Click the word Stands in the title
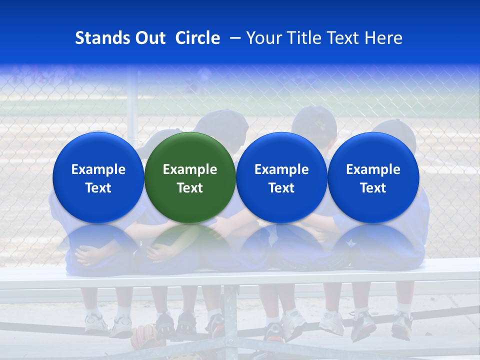102,38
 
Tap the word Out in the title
149,38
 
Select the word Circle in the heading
197,38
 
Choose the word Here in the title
384,38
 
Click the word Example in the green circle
190,169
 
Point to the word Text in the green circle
190,188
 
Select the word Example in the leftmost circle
98,169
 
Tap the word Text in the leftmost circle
98,188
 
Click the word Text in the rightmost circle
373,188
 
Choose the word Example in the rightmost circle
373,169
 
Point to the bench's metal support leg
230,320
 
